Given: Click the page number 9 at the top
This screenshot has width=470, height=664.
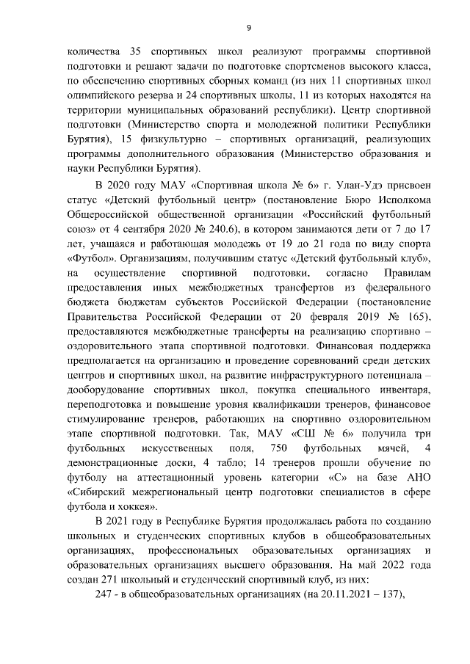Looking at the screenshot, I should [x=249, y=29].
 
